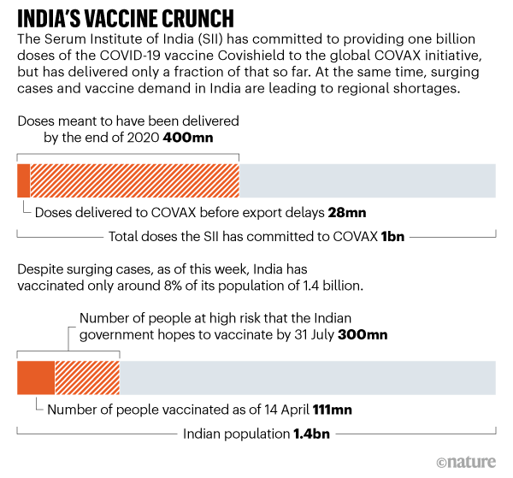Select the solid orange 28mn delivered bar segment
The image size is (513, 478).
24,180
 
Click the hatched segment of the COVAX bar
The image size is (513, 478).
134,180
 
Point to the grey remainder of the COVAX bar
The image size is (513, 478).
367,180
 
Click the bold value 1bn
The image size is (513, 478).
393,237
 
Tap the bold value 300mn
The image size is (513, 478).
363,334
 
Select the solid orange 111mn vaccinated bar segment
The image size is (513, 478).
36,378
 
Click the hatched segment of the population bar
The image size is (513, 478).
87,378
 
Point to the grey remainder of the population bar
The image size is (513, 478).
307,378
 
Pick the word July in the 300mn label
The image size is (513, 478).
318,334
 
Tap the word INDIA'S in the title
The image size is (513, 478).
55,18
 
